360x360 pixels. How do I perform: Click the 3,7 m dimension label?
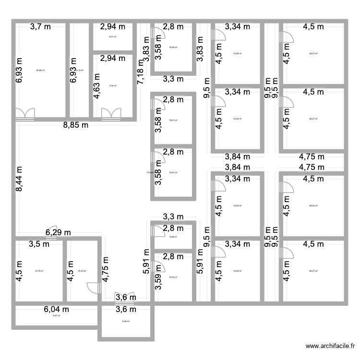coord(40,27)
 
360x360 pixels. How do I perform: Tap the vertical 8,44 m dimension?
coord(19,179)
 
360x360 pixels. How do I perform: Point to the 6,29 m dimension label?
coord(58,233)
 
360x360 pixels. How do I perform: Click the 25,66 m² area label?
coord(40,70)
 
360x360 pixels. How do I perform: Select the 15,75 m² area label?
coord(39,271)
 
